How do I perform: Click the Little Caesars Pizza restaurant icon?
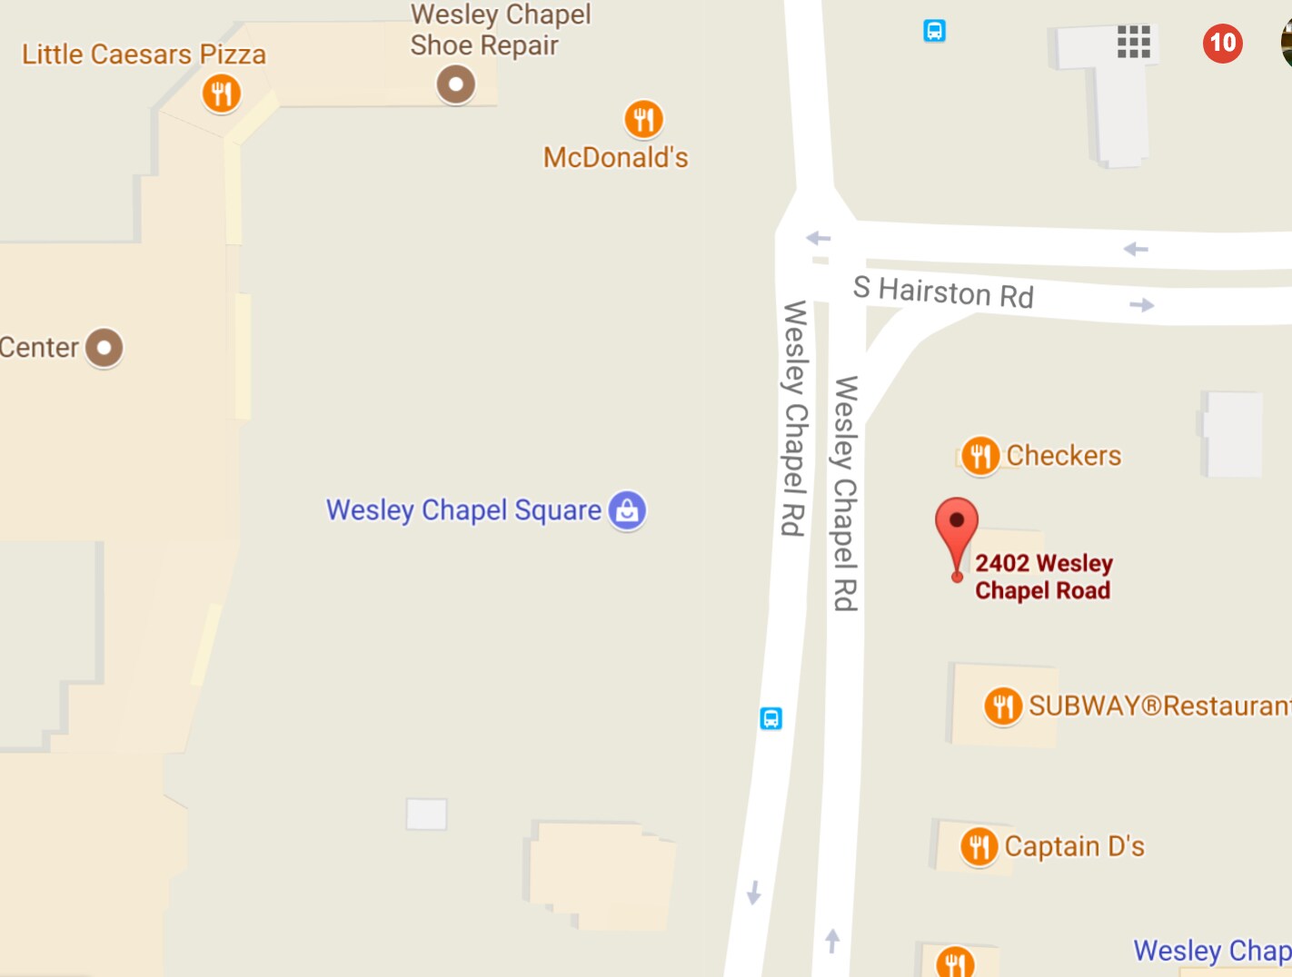221,93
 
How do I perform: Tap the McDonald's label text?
615,158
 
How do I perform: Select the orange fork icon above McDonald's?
643,119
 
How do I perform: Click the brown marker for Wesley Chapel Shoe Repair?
455,85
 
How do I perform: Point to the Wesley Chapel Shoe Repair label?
500,30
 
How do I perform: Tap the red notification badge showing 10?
1222,43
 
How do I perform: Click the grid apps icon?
1133,42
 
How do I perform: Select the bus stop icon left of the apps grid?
934,31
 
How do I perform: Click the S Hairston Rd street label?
943,292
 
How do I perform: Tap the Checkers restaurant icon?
979,455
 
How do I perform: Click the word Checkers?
1063,455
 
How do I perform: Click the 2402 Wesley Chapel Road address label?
1043,577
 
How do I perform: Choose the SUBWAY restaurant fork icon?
1003,706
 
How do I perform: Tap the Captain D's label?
1074,846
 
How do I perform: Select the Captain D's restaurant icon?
979,847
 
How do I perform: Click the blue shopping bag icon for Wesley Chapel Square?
627,510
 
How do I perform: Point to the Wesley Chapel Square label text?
463,510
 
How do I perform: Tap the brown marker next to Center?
104,348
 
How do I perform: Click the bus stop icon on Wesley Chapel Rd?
770,719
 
